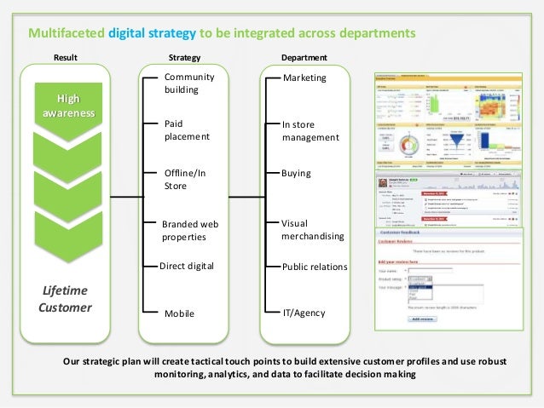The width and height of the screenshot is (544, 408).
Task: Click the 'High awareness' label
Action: click(x=64, y=105)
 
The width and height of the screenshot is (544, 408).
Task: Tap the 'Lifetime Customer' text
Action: click(x=65, y=299)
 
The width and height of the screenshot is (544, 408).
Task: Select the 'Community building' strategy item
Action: click(x=188, y=83)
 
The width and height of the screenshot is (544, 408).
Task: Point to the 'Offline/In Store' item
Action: click(x=185, y=179)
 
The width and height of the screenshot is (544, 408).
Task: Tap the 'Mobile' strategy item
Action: click(x=179, y=313)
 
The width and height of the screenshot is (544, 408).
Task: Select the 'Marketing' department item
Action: click(x=304, y=78)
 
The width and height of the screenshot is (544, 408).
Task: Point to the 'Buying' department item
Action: click(x=296, y=172)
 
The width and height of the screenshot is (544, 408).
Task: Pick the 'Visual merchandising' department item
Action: click(x=312, y=229)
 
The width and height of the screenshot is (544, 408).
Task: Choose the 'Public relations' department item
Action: click(x=315, y=267)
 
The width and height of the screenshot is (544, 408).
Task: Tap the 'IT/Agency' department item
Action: click(x=304, y=313)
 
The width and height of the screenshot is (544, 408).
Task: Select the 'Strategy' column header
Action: click(x=184, y=58)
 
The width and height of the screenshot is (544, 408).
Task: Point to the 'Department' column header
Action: click(x=304, y=58)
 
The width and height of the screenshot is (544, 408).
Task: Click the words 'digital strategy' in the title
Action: click(x=153, y=34)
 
